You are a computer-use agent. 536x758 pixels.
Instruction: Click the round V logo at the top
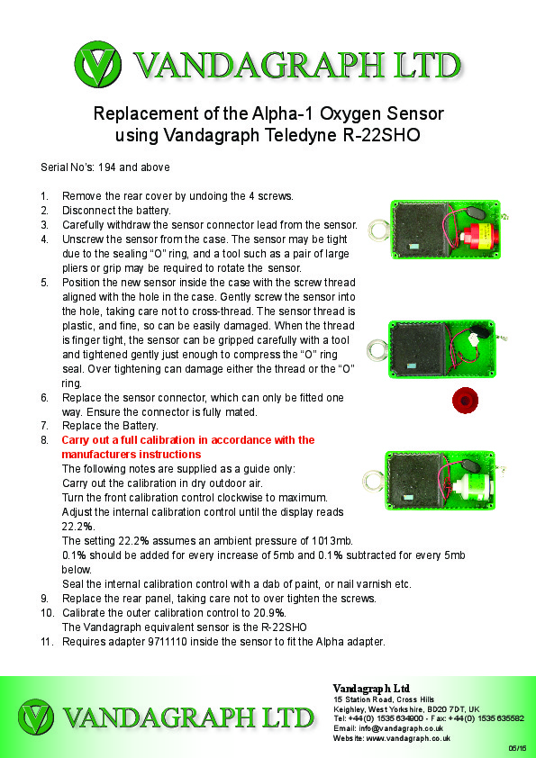pos(98,64)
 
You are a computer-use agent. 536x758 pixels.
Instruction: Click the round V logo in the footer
pos(36,717)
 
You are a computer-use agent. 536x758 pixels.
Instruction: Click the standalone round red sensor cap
pos(466,401)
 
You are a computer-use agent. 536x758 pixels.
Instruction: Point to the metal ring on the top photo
pos(378,230)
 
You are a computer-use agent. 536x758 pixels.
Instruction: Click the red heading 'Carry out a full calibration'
pos(188,447)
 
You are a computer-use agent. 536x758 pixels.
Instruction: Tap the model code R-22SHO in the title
pos(381,135)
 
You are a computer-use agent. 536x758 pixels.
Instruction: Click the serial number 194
pos(106,167)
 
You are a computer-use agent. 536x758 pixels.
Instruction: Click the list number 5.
pos(44,283)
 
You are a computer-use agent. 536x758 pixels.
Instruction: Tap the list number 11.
pos(47,642)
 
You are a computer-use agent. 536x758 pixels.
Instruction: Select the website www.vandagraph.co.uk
pos(408,738)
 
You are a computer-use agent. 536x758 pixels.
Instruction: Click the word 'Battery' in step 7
pos(141,426)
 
